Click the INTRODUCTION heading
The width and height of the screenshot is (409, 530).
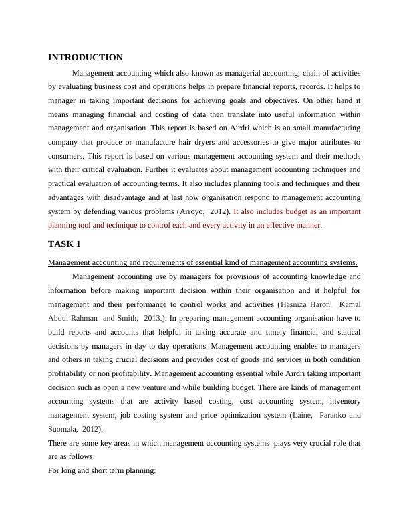[85, 58]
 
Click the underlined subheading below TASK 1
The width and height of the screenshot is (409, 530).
[202, 262]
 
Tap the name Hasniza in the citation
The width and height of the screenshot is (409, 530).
[299, 304]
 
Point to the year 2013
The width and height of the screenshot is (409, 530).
[154, 319]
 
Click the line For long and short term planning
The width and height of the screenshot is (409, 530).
[102, 471]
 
